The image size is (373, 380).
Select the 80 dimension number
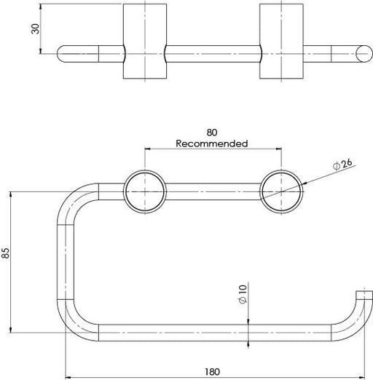212,133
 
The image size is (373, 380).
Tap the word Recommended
212,143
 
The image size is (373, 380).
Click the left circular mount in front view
144,191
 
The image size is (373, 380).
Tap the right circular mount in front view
280,191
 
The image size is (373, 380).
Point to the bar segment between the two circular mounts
212,191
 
